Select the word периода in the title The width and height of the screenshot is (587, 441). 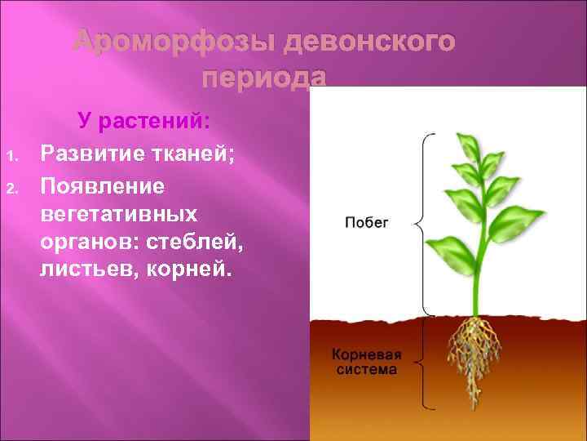(263, 78)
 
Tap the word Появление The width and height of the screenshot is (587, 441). (102, 187)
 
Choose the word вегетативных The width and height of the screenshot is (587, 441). (119, 215)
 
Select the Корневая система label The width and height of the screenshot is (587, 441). (364, 362)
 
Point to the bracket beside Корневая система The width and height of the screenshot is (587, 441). (423, 363)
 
